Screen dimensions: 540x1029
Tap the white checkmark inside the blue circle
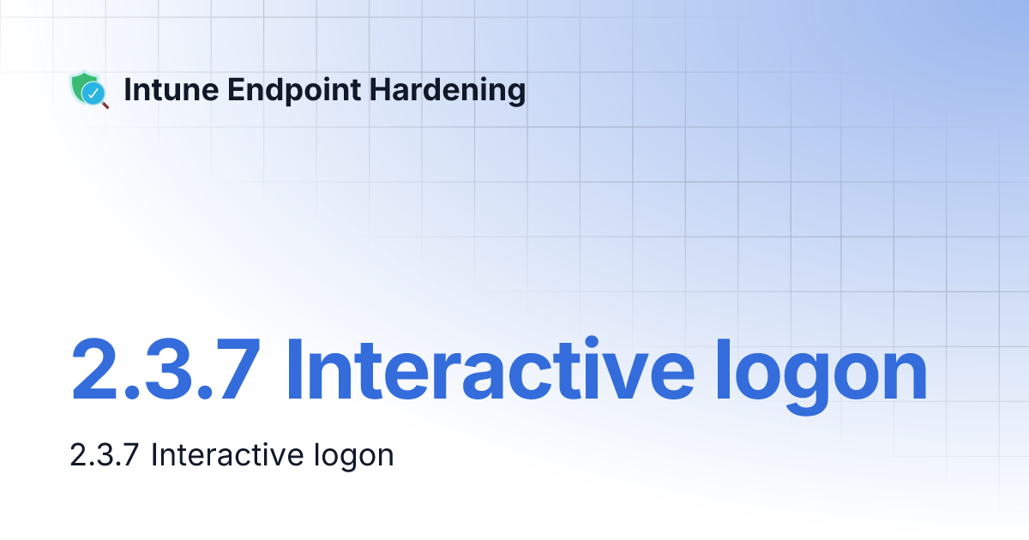coord(94,93)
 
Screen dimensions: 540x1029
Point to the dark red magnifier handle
coord(105,105)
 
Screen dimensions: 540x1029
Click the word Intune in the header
coord(162,89)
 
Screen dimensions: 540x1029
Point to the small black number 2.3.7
coord(104,454)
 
